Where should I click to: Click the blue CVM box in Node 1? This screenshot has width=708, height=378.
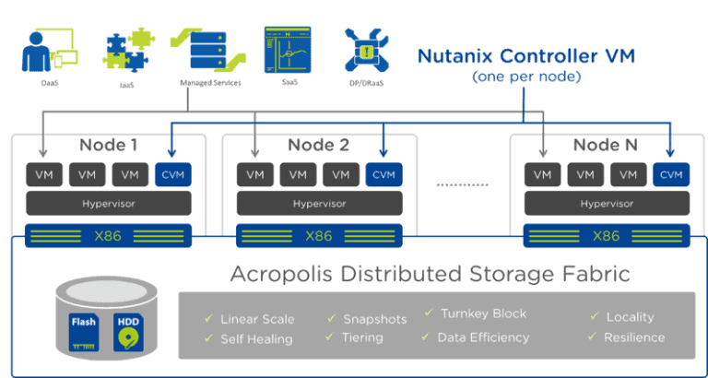[172, 173]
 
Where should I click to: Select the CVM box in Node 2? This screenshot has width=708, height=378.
[383, 173]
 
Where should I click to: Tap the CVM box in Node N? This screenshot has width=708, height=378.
[671, 173]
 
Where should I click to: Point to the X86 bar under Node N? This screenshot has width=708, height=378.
[606, 236]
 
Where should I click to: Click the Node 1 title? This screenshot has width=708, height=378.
[108, 145]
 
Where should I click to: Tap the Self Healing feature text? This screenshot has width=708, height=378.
[256, 338]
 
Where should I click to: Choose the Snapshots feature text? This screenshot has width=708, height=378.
[374, 319]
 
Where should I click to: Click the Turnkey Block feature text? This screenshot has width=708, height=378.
[483, 313]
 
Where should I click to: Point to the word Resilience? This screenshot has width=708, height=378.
[633, 337]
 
